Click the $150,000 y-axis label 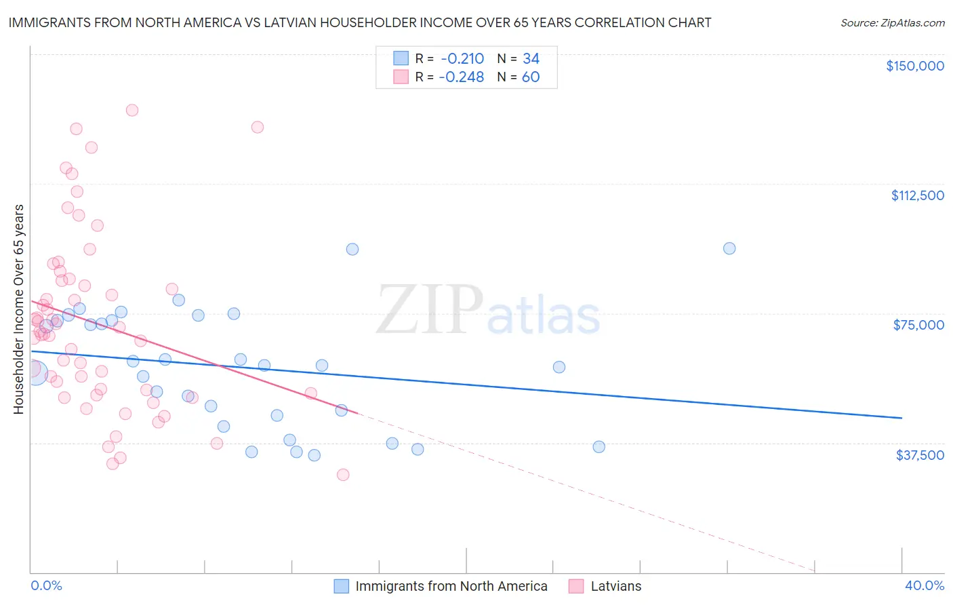pyautogui.click(x=914, y=66)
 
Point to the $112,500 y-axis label pyautogui.click(x=917, y=195)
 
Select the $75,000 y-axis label pyautogui.click(x=918, y=325)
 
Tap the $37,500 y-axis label pyautogui.click(x=920, y=455)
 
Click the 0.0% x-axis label pyautogui.click(x=46, y=585)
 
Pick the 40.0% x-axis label pyautogui.click(x=925, y=585)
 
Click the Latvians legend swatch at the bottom pyautogui.click(x=576, y=586)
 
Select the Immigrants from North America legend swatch pyautogui.click(x=342, y=586)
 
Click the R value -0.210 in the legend pyautogui.click(x=461, y=58)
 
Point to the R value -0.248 pyautogui.click(x=461, y=77)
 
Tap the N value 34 pyautogui.click(x=531, y=58)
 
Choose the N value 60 pyautogui.click(x=531, y=77)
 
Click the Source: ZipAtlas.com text pyautogui.click(x=892, y=23)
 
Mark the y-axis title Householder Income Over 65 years pyautogui.click(x=19, y=309)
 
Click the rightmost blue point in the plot pyautogui.click(x=729, y=248)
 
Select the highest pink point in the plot pyautogui.click(x=132, y=110)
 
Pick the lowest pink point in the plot pyautogui.click(x=343, y=475)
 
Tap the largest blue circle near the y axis pyautogui.click(x=35, y=372)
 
